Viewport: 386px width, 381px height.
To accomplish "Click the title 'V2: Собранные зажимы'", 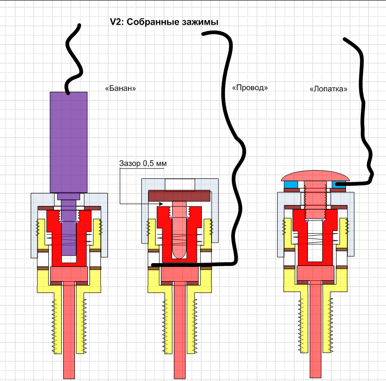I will coord(164,22).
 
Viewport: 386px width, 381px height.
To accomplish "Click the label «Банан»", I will coord(120,88).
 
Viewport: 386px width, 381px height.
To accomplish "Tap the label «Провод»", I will coord(250,88).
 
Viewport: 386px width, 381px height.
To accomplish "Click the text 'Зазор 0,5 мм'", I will coord(143,163).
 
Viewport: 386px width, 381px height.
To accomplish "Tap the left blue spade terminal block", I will coord(291,184).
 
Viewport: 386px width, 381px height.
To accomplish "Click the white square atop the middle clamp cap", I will coord(180,184).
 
